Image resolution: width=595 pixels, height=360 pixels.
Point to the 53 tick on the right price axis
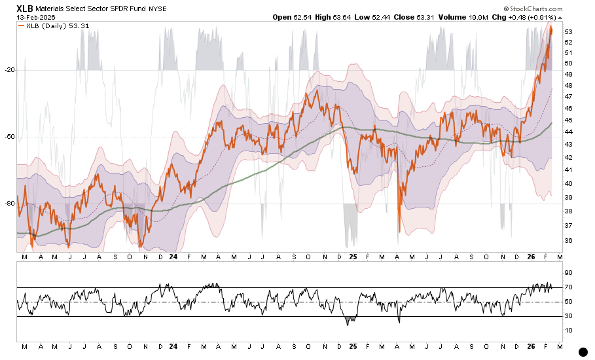point(568,32)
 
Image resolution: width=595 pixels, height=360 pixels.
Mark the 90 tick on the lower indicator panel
point(568,272)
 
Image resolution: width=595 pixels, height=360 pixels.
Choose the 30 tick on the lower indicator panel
point(568,317)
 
